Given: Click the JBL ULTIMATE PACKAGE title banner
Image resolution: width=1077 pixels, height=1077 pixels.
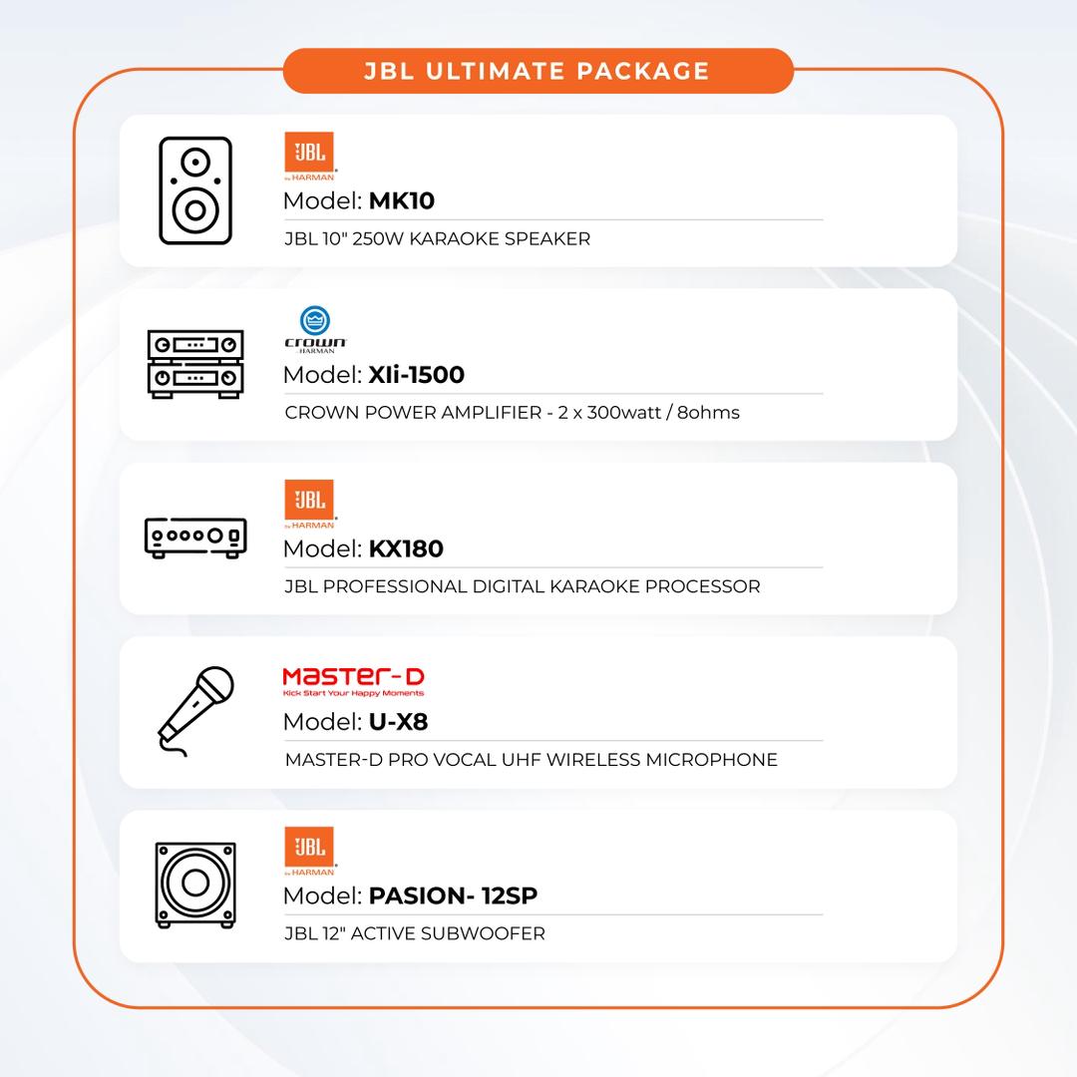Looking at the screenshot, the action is pyautogui.click(x=538, y=71).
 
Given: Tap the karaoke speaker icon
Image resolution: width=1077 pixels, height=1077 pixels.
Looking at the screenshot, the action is pyautogui.click(x=195, y=190).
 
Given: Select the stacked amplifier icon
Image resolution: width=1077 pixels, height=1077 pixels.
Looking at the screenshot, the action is pyautogui.click(x=195, y=364).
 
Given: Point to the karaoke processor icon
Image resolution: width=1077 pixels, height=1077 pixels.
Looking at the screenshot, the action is pyautogui.click(x=195, y=538).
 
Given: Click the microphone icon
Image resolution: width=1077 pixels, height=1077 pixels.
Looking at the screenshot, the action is pyautogui.click(x=195, y=711).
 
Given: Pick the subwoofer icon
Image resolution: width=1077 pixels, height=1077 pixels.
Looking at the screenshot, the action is pyautogui.click(x=195, y=885).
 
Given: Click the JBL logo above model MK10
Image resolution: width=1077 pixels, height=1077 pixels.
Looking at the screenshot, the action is pyautogui.click(x=310, y=156).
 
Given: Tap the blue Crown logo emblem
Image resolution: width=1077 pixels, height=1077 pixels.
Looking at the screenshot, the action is pyautogui.click(x=315, y=321).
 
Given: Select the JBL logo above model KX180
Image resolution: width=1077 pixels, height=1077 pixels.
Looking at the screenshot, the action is pyautogui.click(x=310, y=504).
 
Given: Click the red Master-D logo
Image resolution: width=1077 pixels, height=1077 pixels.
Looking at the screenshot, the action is pyautogui.click(x=353, y=681).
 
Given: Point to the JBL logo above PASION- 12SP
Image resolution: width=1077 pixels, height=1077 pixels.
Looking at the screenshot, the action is pyautogui.click(x=310, y=851).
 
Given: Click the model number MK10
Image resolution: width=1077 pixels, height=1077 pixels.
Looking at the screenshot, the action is pyautogui.click(x=402, y=200).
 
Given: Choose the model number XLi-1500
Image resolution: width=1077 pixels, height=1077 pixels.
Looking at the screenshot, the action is pyautogui.click(x=416, y=374).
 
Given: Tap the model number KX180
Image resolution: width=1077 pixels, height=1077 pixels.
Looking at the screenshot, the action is pyautogui.click(x=406, y=548).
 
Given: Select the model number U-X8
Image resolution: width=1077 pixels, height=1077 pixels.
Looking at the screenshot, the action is pyautogui.click(x=398, y=721).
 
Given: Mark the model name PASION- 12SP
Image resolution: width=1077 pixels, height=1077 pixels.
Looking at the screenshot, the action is pyautogui.click(x=454, y=895).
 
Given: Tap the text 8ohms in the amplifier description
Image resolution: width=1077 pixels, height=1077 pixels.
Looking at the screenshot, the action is pyautogui.click(x=708, y=412).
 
